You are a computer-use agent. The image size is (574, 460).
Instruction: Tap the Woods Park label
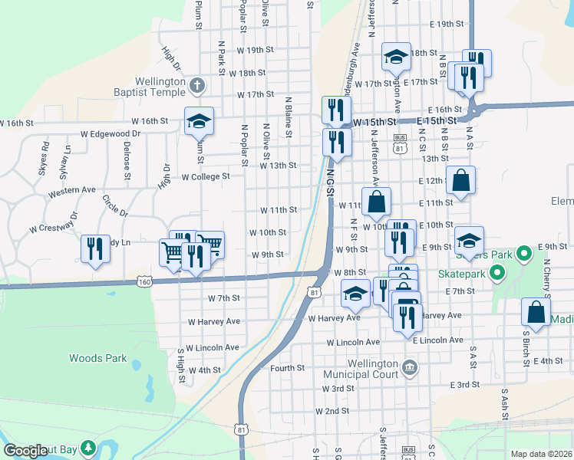point(97,358)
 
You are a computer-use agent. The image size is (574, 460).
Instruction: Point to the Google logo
point(25,451)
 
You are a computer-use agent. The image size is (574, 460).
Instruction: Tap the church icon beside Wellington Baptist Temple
point(198,86)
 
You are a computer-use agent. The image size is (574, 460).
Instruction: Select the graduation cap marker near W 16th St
point(199,120)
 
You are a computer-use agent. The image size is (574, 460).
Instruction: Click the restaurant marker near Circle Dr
point(95,248)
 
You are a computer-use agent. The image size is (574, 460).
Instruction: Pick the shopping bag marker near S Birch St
point(536,312)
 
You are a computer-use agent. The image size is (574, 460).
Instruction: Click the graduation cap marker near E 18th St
point(396,56)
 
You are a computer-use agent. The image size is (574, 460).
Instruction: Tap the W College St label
point(205,176)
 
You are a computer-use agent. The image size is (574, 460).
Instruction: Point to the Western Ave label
point(71,189)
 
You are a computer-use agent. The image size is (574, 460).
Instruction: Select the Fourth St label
point(288,368)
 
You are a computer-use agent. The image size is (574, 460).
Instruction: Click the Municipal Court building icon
point(410,369)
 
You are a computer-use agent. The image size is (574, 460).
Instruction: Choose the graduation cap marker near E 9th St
point(469,240)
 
